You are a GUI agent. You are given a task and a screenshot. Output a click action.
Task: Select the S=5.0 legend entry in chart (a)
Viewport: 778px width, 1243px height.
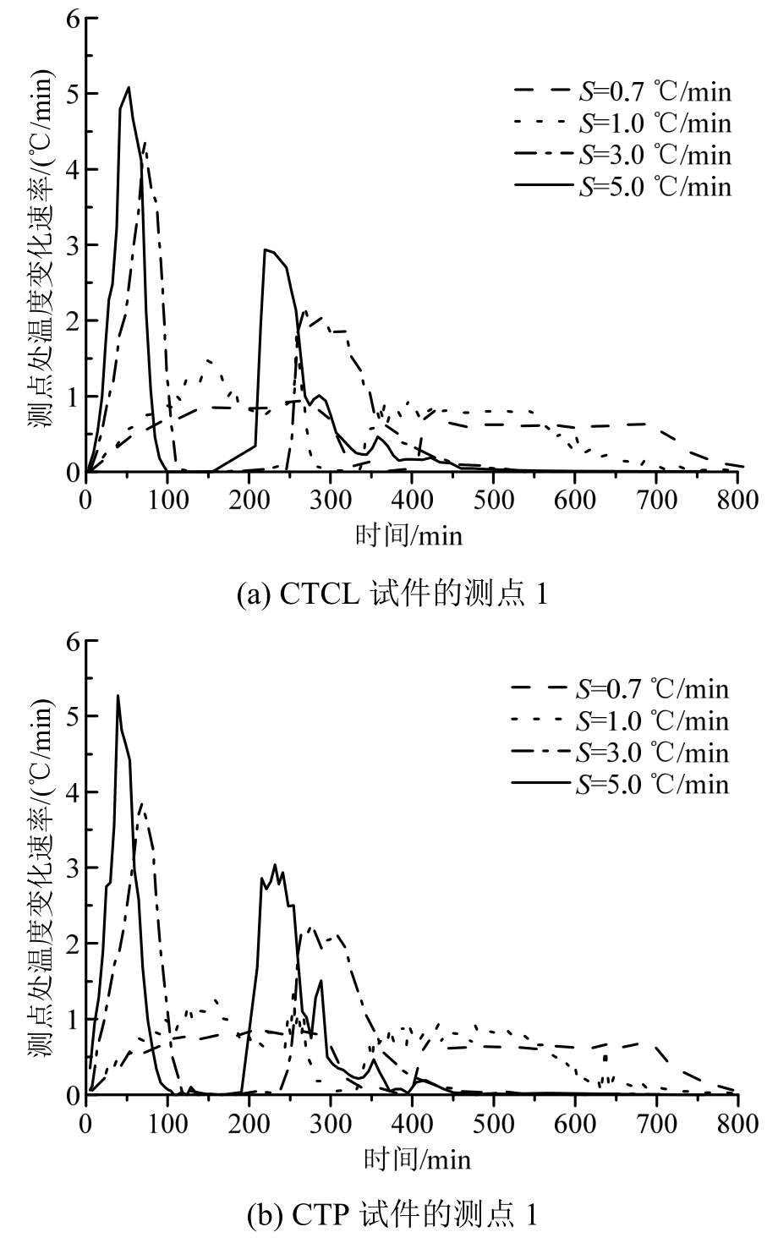[622, 186]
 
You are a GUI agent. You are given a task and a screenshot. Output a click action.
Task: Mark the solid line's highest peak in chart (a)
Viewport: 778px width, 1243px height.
[128, 87]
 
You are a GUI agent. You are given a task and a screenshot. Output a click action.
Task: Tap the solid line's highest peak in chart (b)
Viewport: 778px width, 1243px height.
[118, 696]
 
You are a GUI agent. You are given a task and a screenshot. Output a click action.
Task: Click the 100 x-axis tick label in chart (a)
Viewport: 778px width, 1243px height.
[167, 500]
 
